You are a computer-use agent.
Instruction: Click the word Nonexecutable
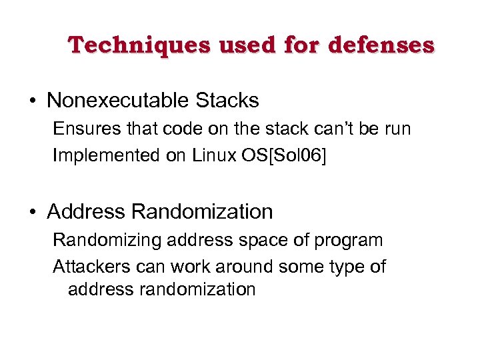click(x=118, y=101)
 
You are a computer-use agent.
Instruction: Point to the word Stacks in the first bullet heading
click(x=227, y=101)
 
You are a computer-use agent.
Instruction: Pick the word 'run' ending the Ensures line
click(x=397, y=128)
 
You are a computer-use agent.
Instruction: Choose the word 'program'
click(x=349, y=241)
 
